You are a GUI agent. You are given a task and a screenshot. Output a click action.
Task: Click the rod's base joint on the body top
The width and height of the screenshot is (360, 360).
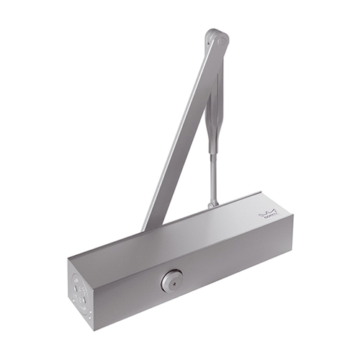(x=213, y=204)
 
